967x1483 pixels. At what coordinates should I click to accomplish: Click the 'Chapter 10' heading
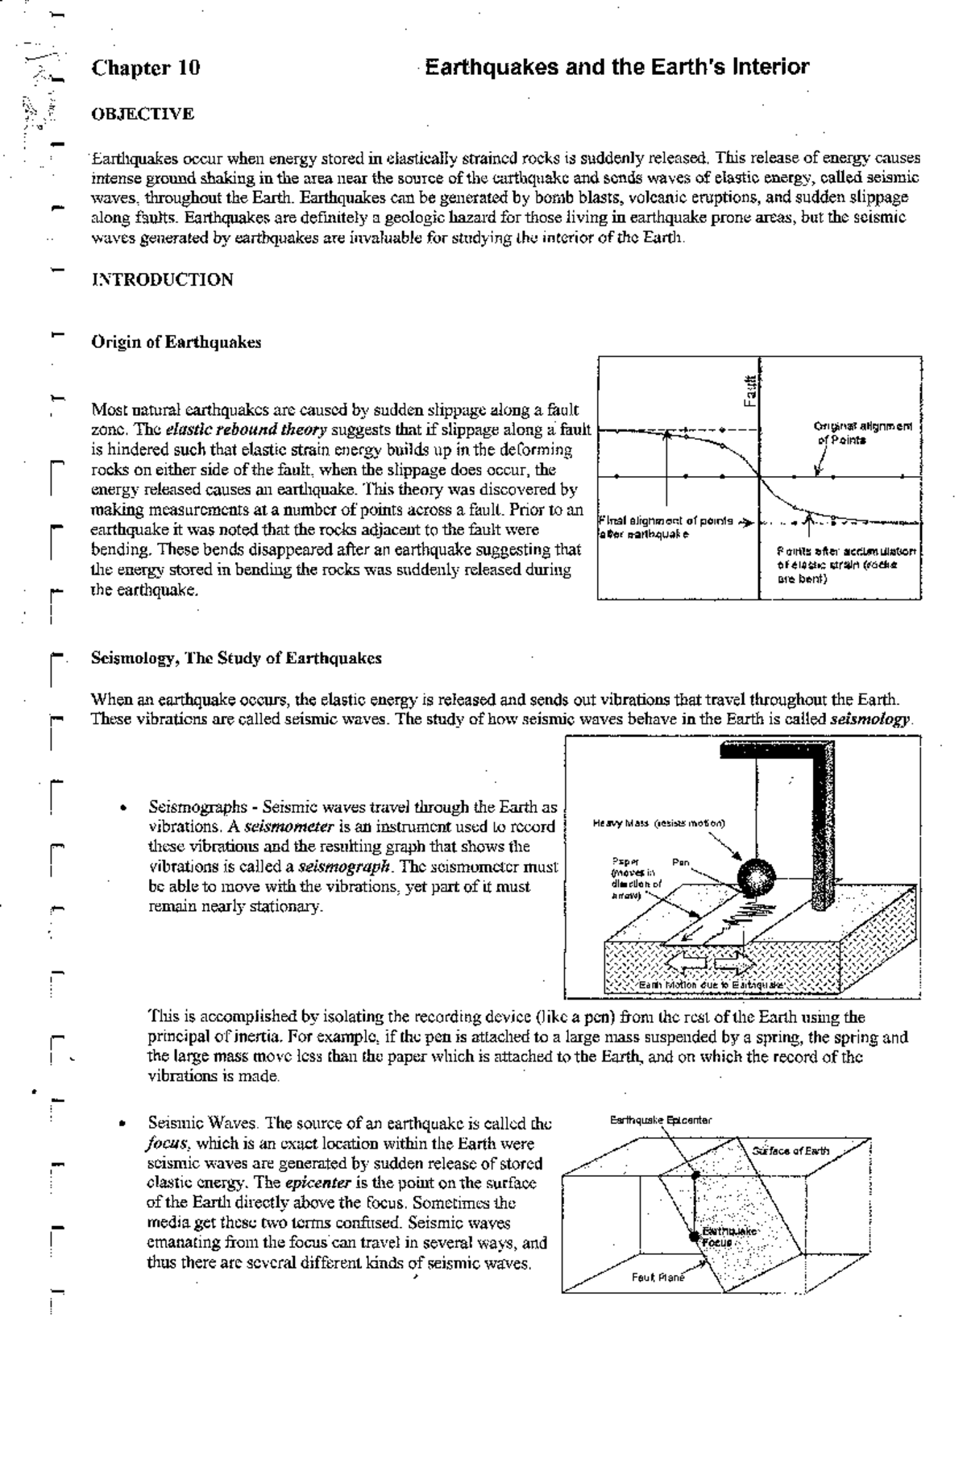click(x=146, y=68)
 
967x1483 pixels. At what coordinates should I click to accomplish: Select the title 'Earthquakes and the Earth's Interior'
click(x=616, y=67)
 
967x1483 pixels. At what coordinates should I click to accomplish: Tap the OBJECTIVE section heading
click(x=143, y=114)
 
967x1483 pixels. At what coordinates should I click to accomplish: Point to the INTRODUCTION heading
click(x=163, y=280)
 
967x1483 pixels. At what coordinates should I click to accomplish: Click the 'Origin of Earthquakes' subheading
click(x=176, y=342)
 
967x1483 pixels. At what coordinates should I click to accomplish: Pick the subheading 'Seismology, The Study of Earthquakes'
click(x=236, y=658)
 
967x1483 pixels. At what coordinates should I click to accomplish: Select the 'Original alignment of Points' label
click(x=861, y=433)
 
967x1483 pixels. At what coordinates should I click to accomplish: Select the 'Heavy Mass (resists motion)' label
click(x=658, y=823)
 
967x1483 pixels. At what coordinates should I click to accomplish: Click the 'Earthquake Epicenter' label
click(x=661, y=1120)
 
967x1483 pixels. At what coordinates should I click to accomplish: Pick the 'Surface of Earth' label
click(x=791, y=1150)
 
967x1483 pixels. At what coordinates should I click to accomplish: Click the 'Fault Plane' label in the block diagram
click(x=658, y=1278)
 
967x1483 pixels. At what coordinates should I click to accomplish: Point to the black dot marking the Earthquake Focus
click(x=693, y=1237)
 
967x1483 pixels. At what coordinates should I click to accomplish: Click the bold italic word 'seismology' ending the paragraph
click(x=870, y=719)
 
